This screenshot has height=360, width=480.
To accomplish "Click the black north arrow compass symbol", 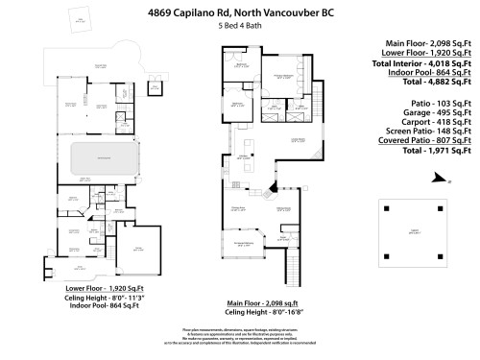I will pos(438,177).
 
